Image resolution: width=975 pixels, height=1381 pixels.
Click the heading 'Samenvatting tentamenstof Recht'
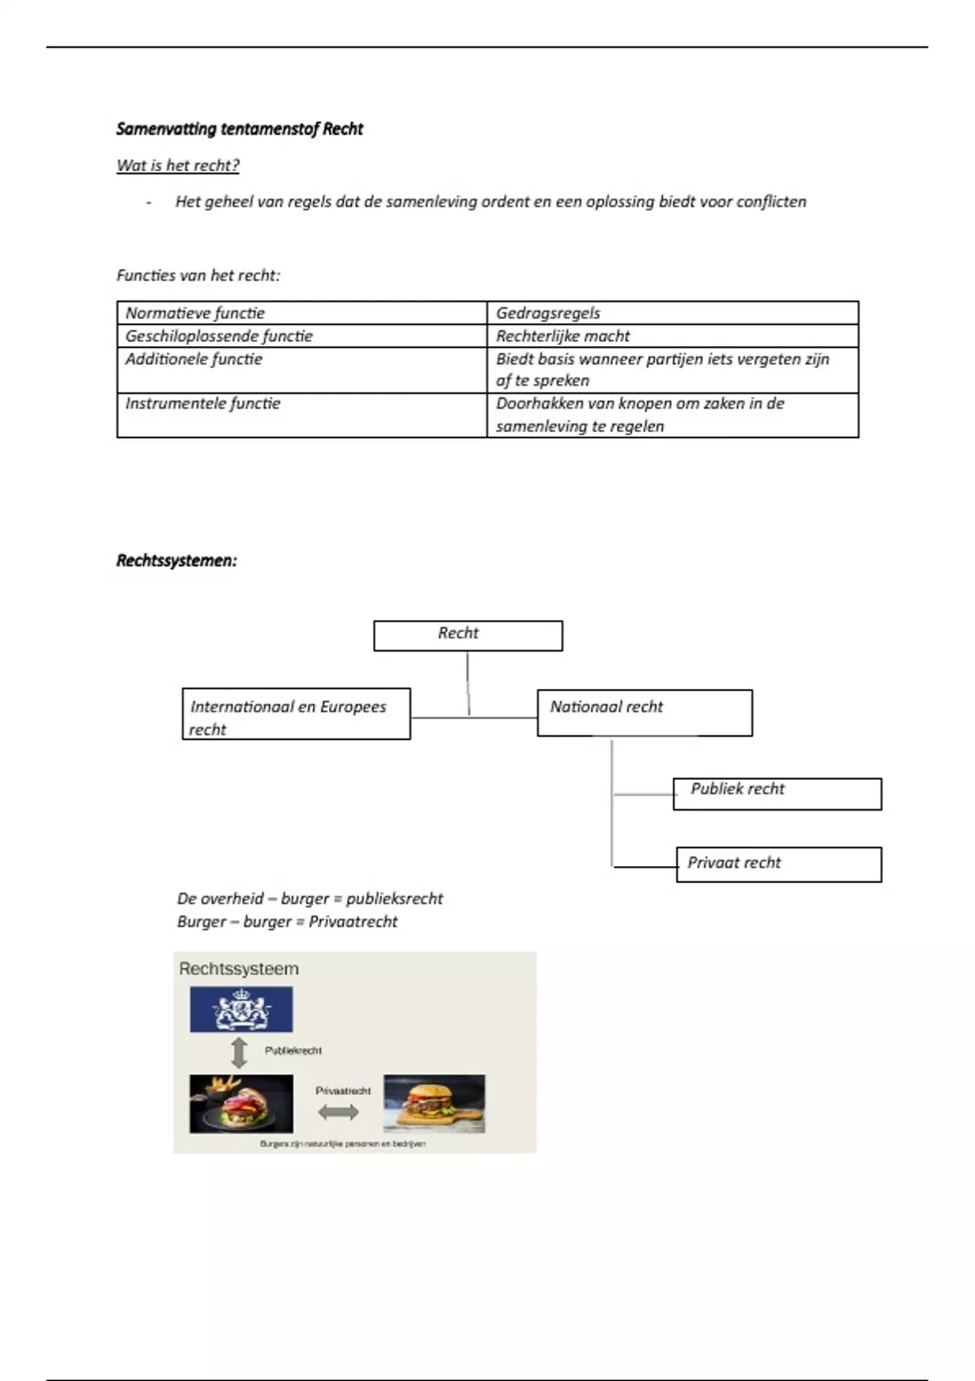pyautogui.click(x=240, y=129)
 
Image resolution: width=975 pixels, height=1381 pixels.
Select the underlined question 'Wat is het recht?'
pyautogui.click(x=178, y=166)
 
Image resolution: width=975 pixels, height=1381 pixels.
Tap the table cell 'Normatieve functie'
pyautogui.click(x=195, y=314)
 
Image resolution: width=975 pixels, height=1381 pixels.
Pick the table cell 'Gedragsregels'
pyautogui.click(x=548, y=314)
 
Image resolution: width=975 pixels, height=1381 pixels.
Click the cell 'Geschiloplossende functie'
pyautogui.click(x=219, y=336)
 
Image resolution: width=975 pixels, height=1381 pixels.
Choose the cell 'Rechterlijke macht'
pyautogui.click(x=563, y=336)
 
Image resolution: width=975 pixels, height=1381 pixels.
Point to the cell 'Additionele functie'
pyautogui.click(x=193, y=359)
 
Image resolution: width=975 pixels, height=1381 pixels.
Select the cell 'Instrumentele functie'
pyautogui.click(x=202, y=404)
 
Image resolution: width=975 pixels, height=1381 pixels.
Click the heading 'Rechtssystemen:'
pyautogui.click(x=176, y=561)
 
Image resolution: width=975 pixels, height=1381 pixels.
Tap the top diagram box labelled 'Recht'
pyautogui.click(x=467, y=635)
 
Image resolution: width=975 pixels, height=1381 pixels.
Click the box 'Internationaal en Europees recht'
pyautogui.click(x=296, y=714)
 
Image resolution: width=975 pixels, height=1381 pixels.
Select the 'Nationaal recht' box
pyautogui.click(x=644, y=712)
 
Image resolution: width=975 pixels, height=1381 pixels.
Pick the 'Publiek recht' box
pyautogui.click(x=777, y=793)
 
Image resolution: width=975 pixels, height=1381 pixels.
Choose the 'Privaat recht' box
pyautogui.click(x=778, y=864)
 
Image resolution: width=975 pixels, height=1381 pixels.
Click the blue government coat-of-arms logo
pyautogui.click(x=241, y=1009)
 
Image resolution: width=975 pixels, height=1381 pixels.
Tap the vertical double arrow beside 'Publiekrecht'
pyautogui.click(x=239, y=1052)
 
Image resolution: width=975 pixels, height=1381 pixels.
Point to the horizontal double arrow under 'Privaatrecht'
pyautogui.click(x=338, y=1112)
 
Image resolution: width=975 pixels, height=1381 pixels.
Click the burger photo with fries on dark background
pyautogui.click(x=241, y=1103)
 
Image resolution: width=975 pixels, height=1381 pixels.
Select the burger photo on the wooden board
pyautogui.click(x=434, y=1103)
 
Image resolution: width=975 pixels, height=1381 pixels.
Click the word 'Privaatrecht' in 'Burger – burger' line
pyautogui.click(x=353, y=922)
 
